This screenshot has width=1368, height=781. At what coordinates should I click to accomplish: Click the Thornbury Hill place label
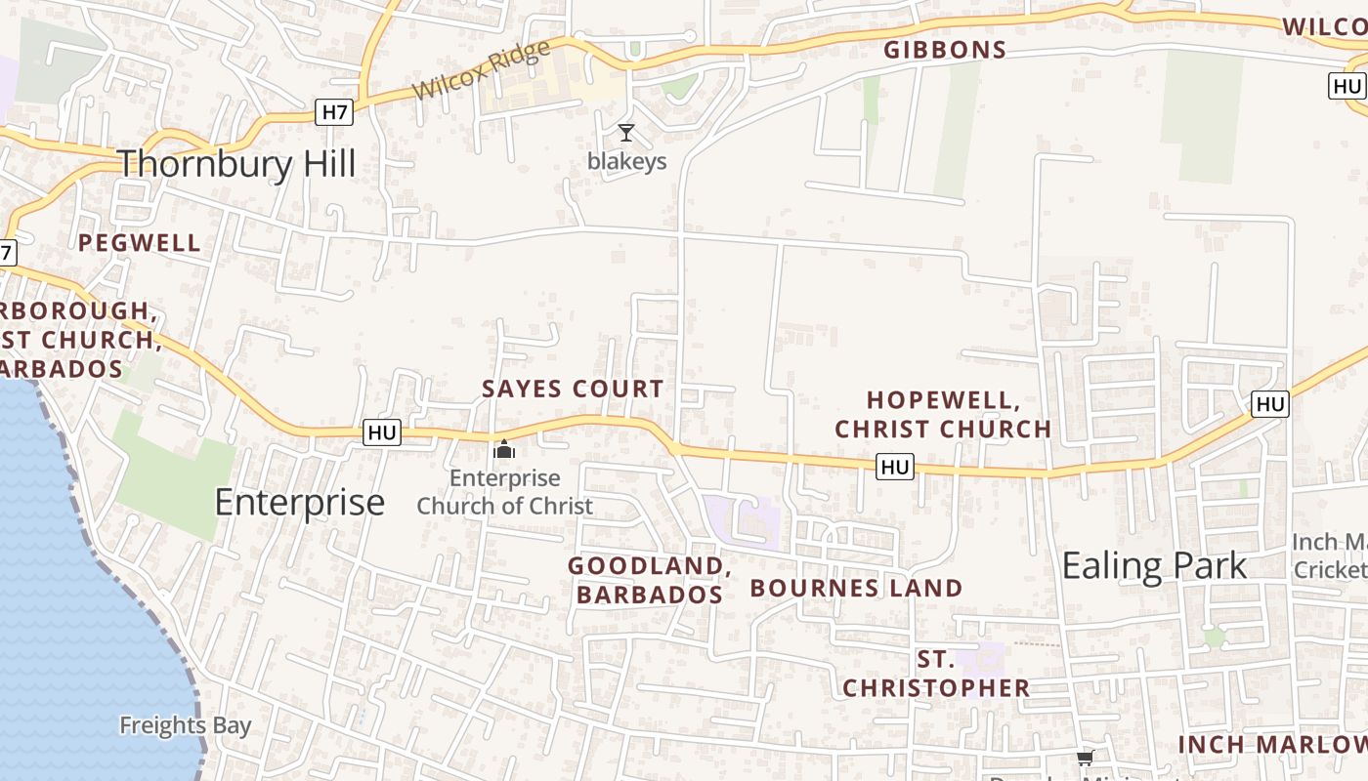tap(236, 163)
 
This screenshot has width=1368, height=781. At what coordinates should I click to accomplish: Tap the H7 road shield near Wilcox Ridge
tap(334, 112)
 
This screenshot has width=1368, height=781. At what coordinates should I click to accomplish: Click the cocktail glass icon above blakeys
tap(626, 133)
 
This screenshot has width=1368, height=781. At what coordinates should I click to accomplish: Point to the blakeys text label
tap(626, 161)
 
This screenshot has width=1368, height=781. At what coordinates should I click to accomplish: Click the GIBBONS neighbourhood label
tap(945, 51)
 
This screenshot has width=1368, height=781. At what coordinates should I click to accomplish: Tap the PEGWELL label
tap(140, 243)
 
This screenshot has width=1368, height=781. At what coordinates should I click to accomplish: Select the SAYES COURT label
tap(573, 389)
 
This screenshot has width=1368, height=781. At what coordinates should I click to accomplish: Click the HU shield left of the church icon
tap(382, 432)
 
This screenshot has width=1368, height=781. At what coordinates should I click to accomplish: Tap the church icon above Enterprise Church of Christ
tap(504, 450)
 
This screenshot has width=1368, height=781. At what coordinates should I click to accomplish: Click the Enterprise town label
tap(299, 503)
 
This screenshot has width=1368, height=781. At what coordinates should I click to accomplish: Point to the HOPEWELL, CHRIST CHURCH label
tap(943, 414)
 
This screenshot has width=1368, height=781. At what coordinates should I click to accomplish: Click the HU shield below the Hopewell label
tap(894, 468)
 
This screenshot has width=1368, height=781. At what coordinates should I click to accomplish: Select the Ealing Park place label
tap(1154, 566)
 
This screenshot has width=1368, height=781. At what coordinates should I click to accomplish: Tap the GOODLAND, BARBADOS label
tap(650, 580)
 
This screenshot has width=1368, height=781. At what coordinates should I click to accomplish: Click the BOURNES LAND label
tap(856, 589)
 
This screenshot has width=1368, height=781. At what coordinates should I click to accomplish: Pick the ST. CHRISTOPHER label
tap(936, 675)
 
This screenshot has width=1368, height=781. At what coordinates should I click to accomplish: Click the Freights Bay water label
tap(185, 726)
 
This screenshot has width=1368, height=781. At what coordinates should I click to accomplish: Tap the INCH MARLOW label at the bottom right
tap(1270, 745)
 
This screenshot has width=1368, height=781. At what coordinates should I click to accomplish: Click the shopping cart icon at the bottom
tap(1085, 758)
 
